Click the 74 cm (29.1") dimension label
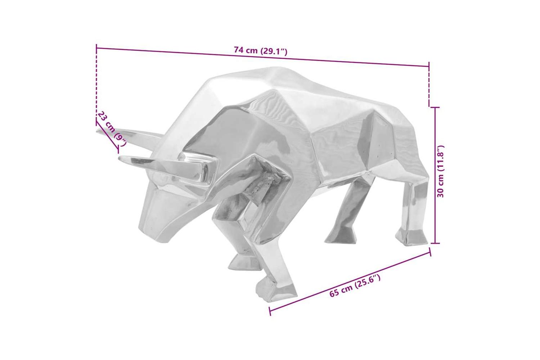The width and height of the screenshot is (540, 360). coord(261,51)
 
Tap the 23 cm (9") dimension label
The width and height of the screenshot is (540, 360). coord(112,129)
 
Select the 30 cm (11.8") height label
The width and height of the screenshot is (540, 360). coord(440,171)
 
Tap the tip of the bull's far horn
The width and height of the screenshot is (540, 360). coord(96,130)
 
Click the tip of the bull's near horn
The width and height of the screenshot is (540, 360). coord(119,158)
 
